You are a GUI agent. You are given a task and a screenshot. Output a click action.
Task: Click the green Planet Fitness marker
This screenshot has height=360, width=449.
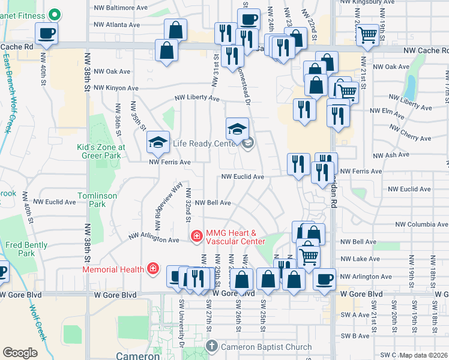(55, 14)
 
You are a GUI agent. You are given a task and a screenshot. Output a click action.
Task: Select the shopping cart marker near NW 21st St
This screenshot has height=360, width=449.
(367, 35)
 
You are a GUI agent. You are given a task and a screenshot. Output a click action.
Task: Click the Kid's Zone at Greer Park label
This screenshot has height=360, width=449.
(101, 151)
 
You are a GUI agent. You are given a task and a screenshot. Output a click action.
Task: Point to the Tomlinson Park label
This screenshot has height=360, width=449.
(91, 200)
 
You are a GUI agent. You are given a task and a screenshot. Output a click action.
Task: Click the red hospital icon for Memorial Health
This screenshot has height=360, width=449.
(153, 268)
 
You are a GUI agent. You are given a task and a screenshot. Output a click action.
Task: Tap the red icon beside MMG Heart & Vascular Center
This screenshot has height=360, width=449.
(196, 237)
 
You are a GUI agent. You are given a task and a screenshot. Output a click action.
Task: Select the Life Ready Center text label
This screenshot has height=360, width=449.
(206, 143)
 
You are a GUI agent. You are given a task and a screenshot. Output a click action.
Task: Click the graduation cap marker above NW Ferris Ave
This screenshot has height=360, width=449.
(158, 142)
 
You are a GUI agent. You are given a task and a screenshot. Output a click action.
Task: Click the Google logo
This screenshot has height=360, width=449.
(20, 352)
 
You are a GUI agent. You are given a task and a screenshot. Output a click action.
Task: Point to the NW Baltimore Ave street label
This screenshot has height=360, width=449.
(121, 8)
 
